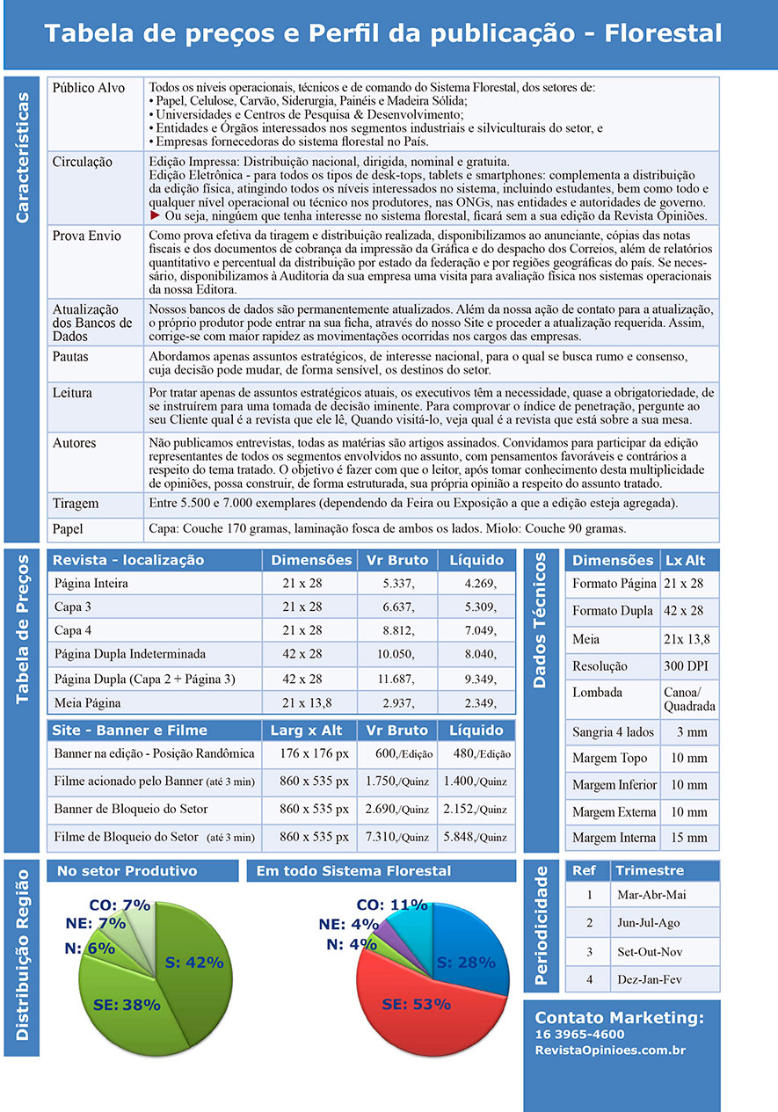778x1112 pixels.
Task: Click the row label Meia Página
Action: pos(88,703)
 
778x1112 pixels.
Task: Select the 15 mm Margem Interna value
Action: pos(689,838)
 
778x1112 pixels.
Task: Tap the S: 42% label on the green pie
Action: pos(194,962)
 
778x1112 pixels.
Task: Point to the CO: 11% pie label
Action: pos(391,905)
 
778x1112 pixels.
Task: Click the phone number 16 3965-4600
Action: pos(579,1035)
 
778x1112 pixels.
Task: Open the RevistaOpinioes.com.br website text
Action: pos(610,1050)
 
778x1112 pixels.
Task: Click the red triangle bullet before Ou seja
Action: pos(156,214)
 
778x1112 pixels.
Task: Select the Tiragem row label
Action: pos(76,505)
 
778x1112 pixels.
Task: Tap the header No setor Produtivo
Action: pos(127,871)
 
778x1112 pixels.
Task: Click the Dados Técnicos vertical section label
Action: pos(541,620)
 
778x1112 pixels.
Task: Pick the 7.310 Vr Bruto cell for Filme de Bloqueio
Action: pos(397,837)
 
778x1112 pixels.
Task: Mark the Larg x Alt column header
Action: pos(307,730)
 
